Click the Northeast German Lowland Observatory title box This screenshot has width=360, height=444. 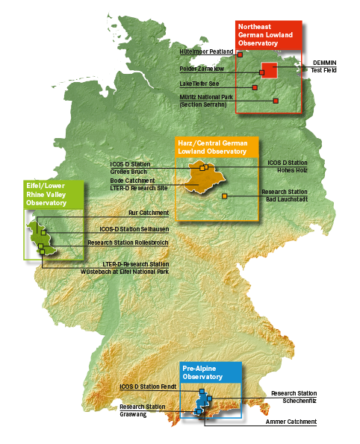coord(268,35)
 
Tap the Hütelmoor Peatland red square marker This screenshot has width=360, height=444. coord(240,54)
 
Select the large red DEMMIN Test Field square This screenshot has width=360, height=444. coord(270,70)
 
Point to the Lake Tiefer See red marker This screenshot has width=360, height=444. coord(255,87)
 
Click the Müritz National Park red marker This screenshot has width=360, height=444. coord(276,101)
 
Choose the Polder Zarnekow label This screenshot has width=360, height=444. coord(202,69)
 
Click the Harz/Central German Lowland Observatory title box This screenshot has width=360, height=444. coord(217,147)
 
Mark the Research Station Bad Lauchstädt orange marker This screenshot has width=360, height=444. coord(225,196)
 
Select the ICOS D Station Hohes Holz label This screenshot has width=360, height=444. coord(288,166)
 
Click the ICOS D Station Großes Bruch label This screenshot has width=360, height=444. coord(130,168)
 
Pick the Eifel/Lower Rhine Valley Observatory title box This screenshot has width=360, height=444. coord(54,195)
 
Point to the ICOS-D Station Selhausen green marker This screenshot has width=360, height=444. coord(43,233)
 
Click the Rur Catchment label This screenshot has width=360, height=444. coord(149,213)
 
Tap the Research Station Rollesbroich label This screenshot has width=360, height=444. coord(128,243)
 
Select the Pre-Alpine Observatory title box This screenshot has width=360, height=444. coord(211,372)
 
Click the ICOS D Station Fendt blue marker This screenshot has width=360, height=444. coord(202,391)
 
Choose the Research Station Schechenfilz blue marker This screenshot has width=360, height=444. coord(209,398)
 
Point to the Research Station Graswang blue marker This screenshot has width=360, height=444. coord(199,411)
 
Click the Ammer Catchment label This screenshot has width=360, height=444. coord(291,422)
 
